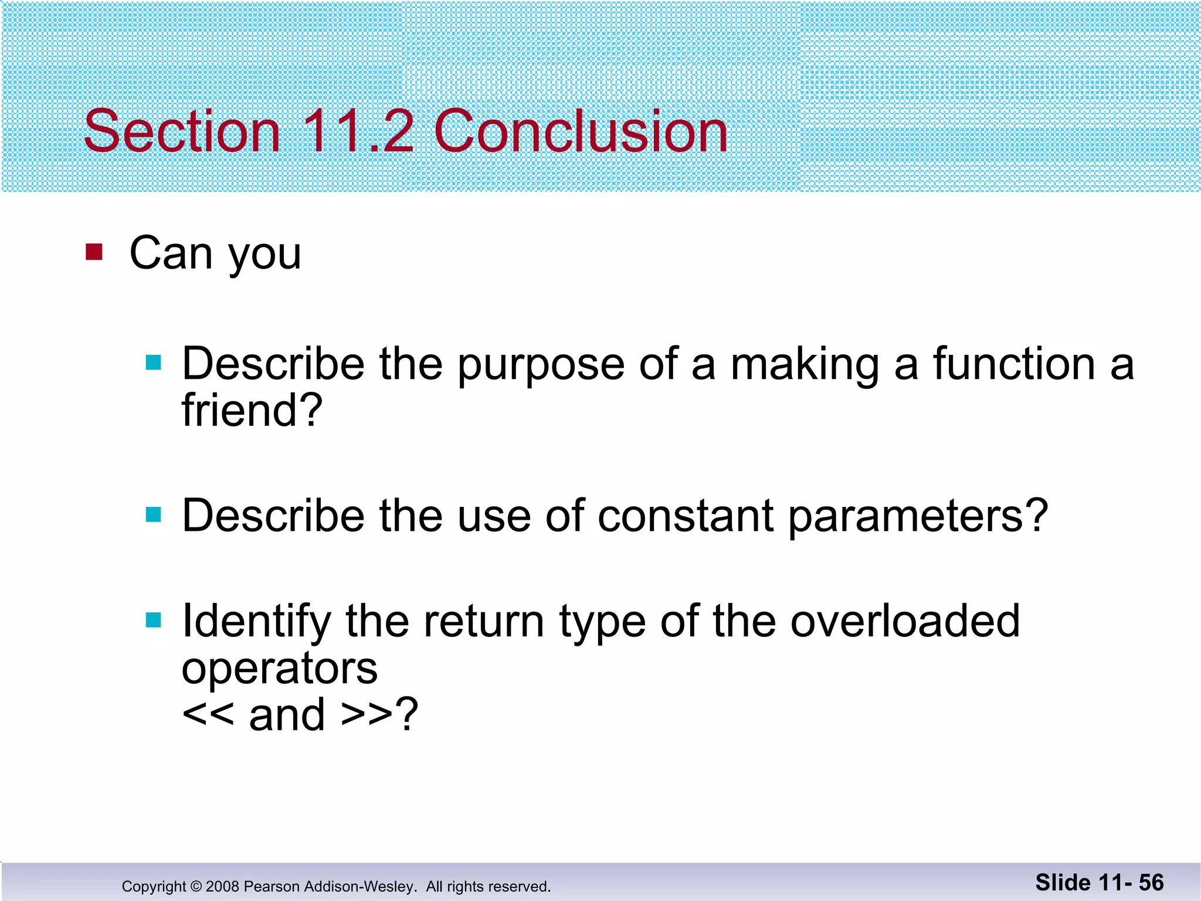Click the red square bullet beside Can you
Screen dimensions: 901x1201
tap(94, 252)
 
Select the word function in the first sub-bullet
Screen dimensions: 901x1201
tap(1014, 364)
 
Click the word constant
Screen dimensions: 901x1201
tap(686, 516)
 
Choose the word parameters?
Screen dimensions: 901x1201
tap(918, 517)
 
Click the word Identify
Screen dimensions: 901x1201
tap(257, 622)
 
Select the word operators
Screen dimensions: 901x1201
tap(280, 669)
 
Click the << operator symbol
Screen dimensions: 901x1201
tap(208, 714)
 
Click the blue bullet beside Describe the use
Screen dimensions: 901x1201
tap(153, 514)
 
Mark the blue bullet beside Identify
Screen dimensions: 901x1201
tap(153, 619)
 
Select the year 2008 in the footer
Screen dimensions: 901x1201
tap(222, 886)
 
